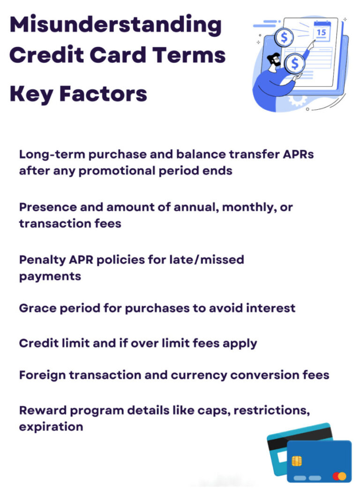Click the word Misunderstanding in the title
tap(115, 24)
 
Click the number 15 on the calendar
tap(322, 32)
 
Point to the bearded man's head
tap(274, 60)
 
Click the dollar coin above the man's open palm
tap(294, 64)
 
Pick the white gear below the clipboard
tap(296, 99)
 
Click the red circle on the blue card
tap(336, 476)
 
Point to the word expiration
tap(51, 427)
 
